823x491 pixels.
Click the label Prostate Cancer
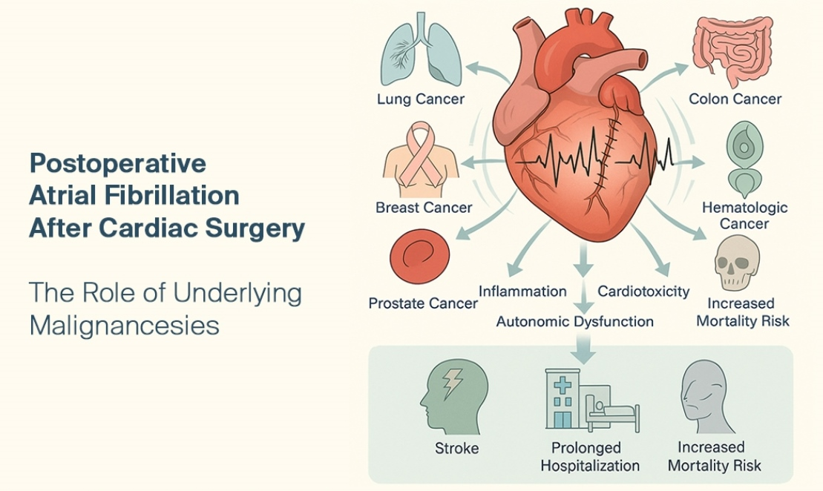pos(423,303)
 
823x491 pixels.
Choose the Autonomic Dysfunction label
pos(575,321)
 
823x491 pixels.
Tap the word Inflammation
pos(522,291)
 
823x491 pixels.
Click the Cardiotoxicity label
pos(643,291)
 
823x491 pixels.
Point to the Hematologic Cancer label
pos(745,215)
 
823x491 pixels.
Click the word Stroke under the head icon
pos(456,448)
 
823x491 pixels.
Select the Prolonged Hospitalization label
pos(589,457)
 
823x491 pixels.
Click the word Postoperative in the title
pos(117,162)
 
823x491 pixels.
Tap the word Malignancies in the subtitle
pos(124,325)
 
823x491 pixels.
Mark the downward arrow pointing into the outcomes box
pos(586,348)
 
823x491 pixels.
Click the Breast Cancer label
pos(424,207)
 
